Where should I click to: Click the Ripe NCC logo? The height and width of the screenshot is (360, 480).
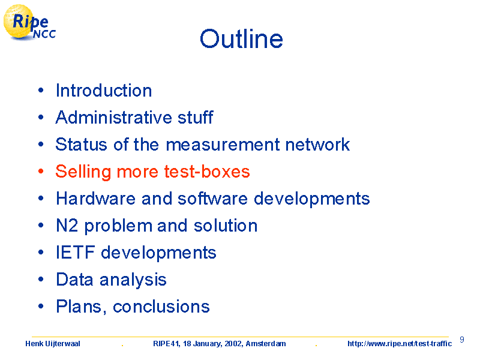[x=29, y=22]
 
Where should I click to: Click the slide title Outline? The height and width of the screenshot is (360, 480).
[x=241, y=39]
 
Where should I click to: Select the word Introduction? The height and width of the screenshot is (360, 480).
[x=104, y=91]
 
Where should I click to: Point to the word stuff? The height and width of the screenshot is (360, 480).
[x=196, y=117]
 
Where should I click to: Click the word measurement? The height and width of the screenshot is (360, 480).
[x=223, y=145]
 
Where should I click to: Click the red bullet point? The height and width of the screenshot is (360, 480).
[x=41, y=172]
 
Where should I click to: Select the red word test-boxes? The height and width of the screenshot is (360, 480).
[x=207, y=172]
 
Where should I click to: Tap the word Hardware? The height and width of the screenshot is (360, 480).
[x=95, y=199]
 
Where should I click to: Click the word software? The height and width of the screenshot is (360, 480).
[x=212, y=199]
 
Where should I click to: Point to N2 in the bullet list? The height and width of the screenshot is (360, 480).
[x=67, y=226]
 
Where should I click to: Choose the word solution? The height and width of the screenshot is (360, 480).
[x=226, y=226]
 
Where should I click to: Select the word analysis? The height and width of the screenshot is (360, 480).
[x=133, y=280]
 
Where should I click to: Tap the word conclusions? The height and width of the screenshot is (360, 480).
[x=161, y=307]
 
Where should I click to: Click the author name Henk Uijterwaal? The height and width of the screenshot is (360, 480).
[x=53, y=344]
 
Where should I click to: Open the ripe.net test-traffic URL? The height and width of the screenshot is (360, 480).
[x=400, y=344]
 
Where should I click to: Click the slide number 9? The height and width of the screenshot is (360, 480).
[x=462, y=340]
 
